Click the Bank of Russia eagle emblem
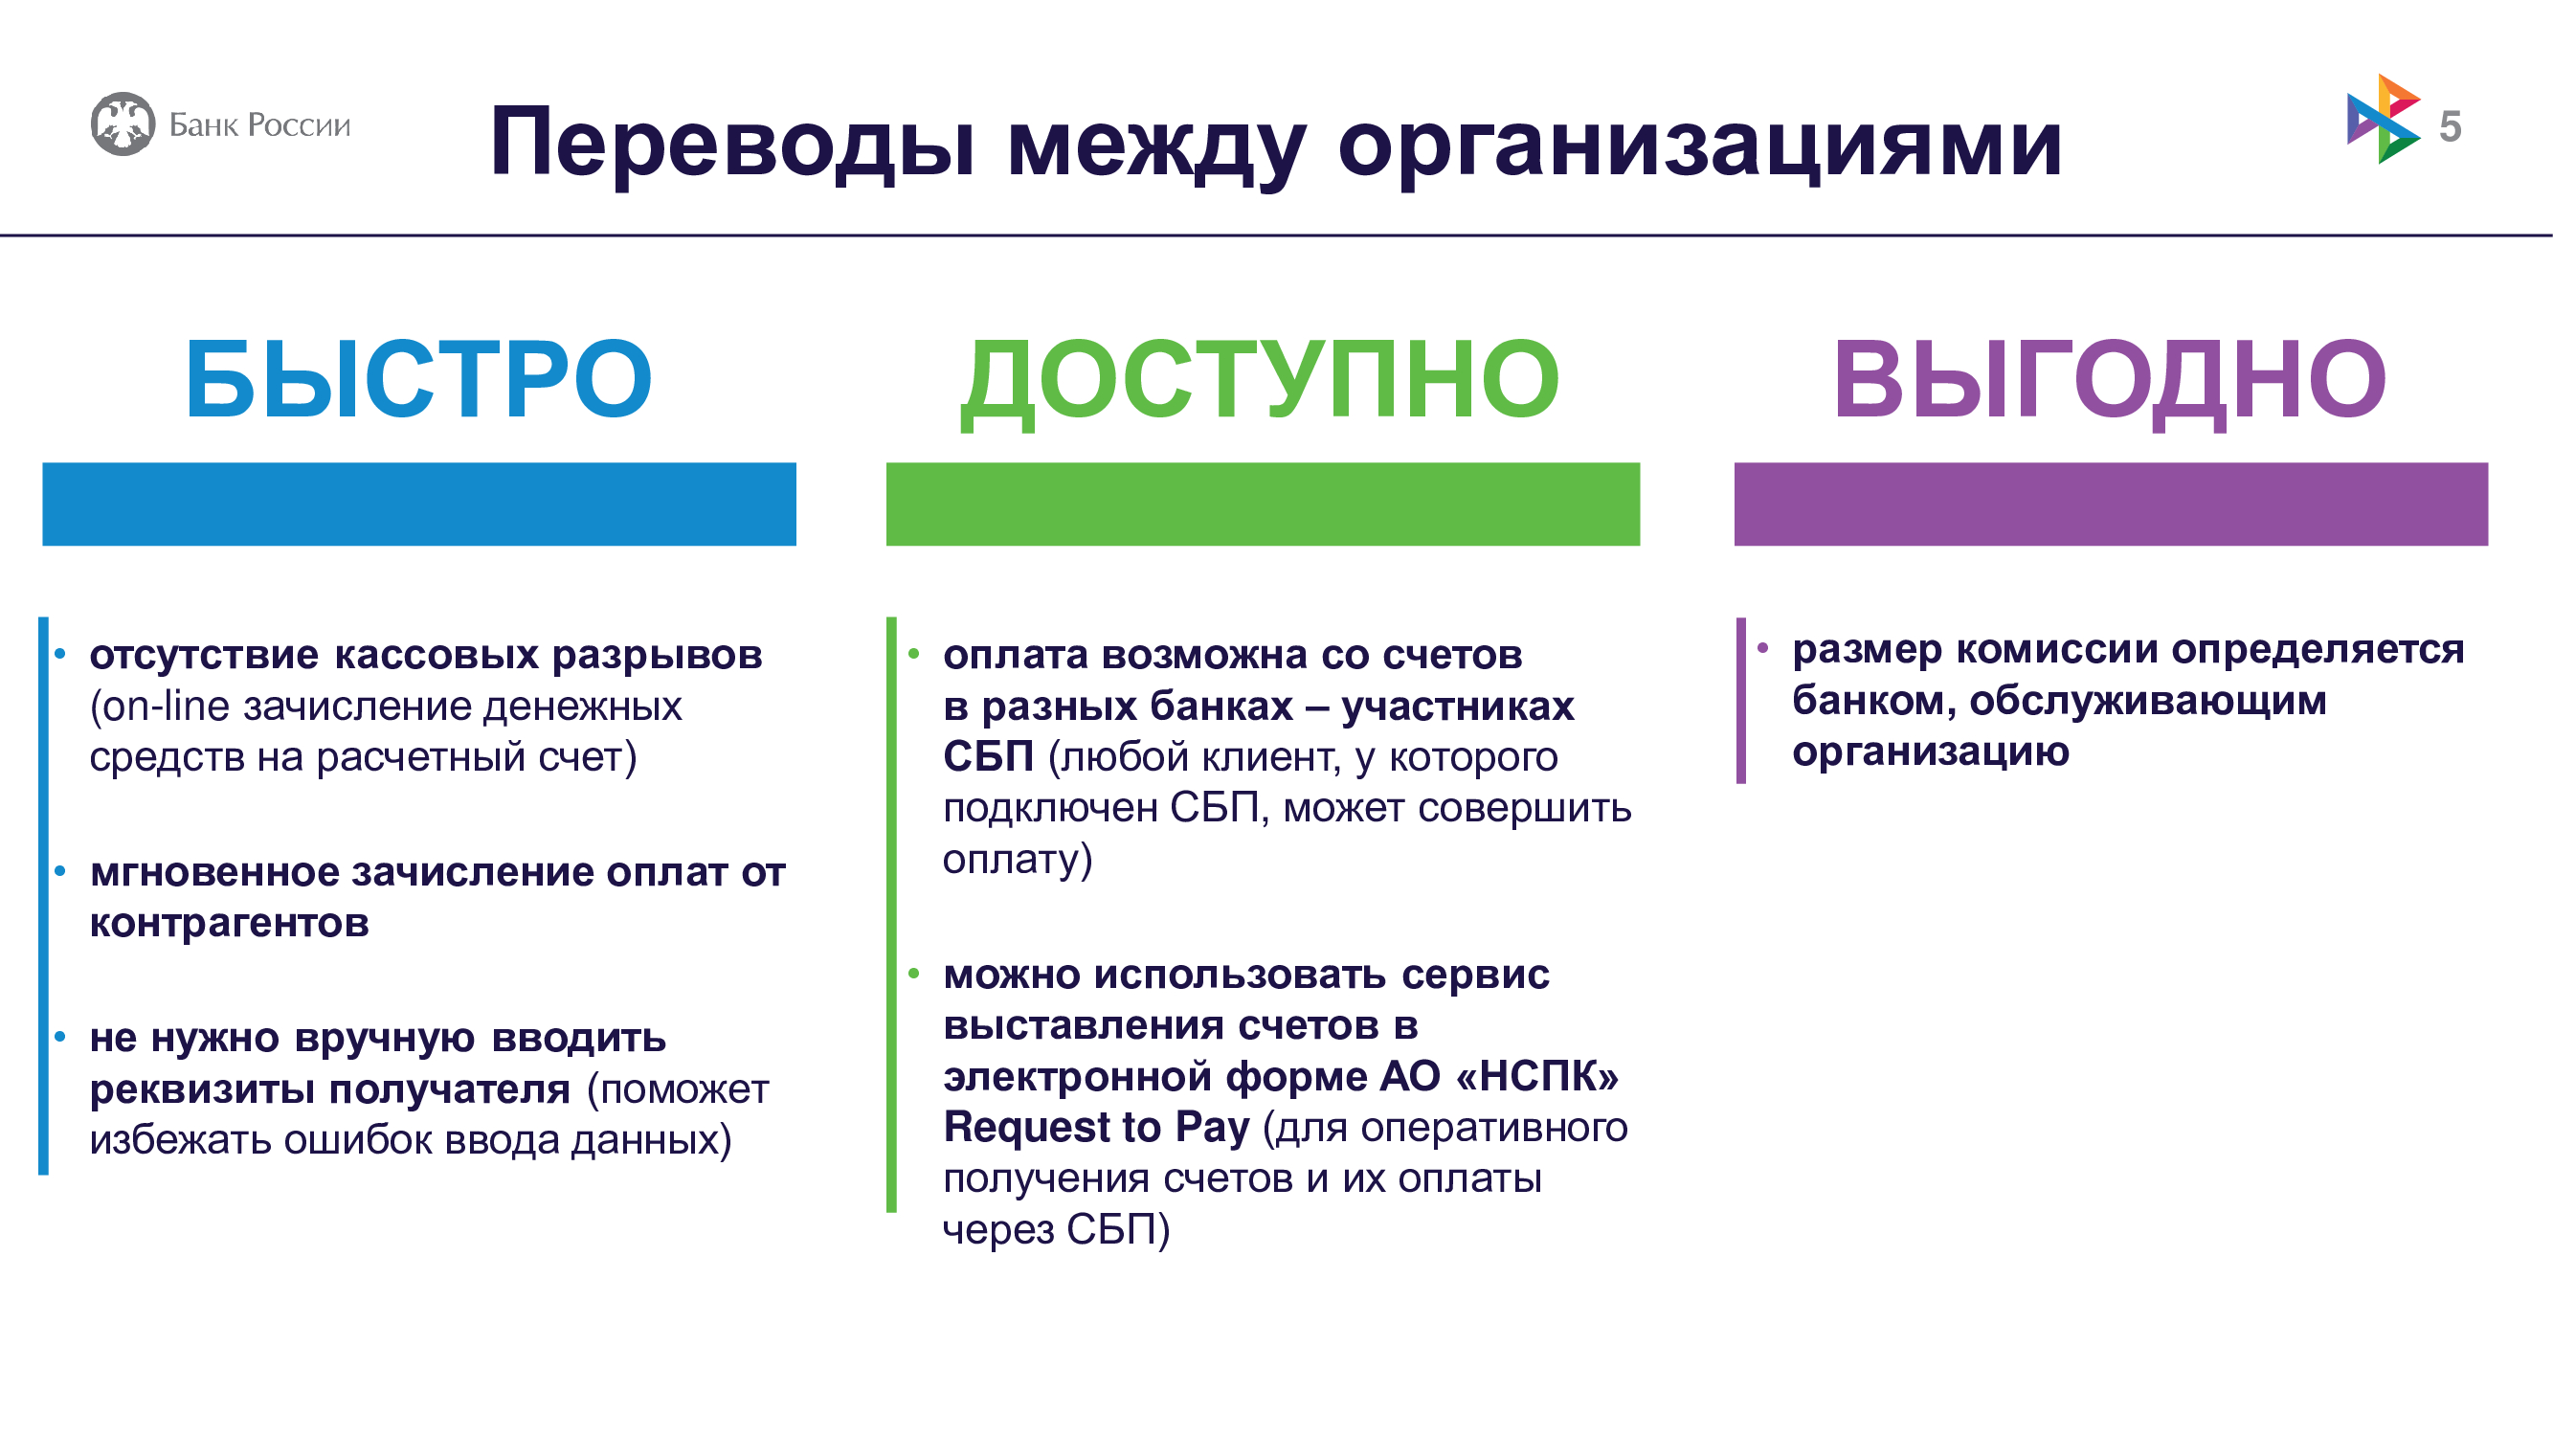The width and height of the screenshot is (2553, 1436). click(x=123, y=123)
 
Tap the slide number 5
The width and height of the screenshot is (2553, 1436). click(x=2450, y=127)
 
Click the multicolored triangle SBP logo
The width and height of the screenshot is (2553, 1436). click(x=2383, y=119)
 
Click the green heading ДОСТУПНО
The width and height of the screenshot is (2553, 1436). click(x=1261, y=382)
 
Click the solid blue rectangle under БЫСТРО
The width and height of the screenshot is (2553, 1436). click(x=419, y=504)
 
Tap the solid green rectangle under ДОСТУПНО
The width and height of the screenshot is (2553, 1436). click(x=1263, y=504)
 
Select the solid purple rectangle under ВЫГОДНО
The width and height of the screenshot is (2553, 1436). click(x=2111, y=504)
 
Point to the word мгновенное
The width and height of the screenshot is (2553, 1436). click(x=213, y=872)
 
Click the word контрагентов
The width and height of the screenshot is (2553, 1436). click(x=229, y=924)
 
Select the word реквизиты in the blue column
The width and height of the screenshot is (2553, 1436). click(x=202, y=1090)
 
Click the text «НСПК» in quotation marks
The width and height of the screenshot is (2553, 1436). click(x=1537, y=1077)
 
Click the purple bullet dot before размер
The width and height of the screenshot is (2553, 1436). click(x=1762, y=648)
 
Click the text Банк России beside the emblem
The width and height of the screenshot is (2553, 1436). click(x=259, y=124)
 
